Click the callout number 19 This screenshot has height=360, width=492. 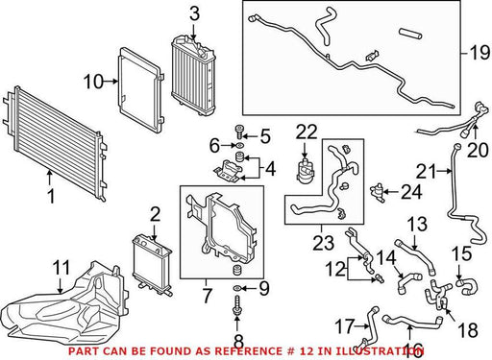point(480,53)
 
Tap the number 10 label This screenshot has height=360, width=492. point(93,82)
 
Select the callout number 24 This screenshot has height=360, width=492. point(411,192)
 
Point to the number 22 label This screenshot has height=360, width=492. point(307,132)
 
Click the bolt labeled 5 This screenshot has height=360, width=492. point(238,132)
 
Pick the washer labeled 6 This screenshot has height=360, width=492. point(239,146)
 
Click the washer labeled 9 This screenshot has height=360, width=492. point(237,289)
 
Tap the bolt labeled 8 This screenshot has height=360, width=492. point(237,305)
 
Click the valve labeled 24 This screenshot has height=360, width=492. point(378,192)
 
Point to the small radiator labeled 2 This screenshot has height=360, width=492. point(152,264)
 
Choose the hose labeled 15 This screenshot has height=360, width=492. point(467,286)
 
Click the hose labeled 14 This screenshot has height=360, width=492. point(408,281)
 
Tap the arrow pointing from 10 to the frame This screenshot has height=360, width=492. point(111,82)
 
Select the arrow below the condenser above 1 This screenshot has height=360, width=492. point(49,177)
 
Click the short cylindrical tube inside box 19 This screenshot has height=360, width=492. point(410,34)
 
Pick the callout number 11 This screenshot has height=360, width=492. point(61,268)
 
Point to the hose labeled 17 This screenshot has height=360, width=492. point(370,325)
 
